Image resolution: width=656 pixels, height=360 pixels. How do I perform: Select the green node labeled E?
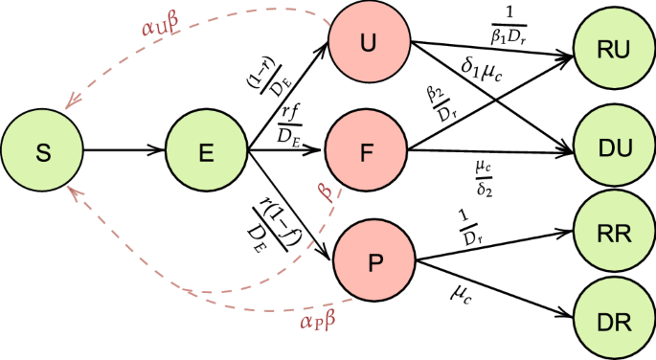206,150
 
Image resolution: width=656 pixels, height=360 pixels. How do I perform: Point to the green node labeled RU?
615,51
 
